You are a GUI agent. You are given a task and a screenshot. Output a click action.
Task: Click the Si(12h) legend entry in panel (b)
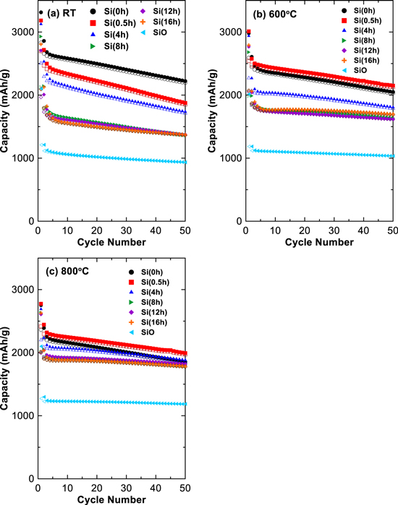point(349,60)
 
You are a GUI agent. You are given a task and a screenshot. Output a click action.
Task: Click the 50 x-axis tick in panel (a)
point(185,230)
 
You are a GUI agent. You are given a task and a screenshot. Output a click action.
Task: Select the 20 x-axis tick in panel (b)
point(305,230)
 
